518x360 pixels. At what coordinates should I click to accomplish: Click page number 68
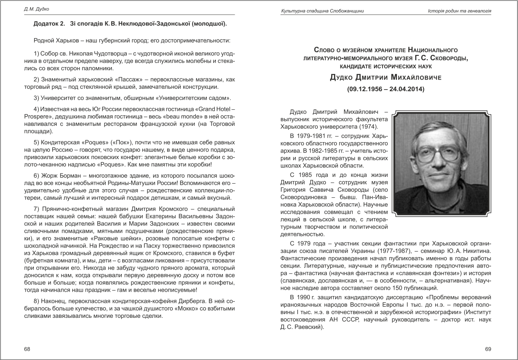[x=27, y=349]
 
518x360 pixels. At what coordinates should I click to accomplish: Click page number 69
[x=488, y=349]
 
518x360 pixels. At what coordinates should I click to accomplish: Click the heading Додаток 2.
[x=49, y=24]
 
